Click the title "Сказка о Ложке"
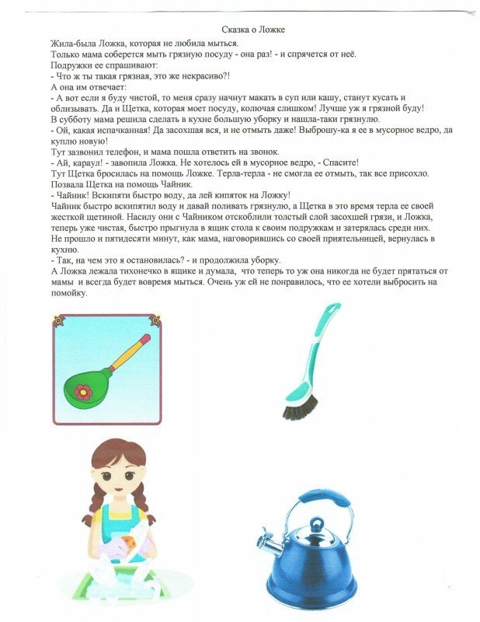click(x=252, y=30)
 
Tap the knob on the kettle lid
click(x=311, y=527)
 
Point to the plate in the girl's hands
click(x=130, y=544)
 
